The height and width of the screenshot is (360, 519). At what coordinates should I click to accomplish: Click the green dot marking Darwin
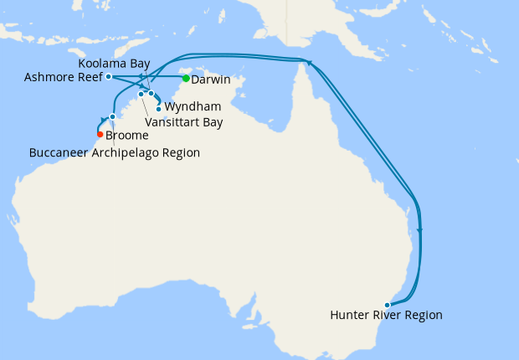(186, 80)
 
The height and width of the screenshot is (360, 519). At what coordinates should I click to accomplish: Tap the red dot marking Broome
(100, 134)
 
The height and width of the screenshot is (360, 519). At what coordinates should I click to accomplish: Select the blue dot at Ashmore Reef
(109, 76)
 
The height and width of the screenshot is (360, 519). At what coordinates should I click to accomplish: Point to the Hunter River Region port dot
(387, 305)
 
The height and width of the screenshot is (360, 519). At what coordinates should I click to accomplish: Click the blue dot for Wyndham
(159, 109)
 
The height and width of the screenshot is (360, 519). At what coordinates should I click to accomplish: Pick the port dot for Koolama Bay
(152, 93)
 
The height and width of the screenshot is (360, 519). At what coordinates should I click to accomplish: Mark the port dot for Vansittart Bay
(141, 94)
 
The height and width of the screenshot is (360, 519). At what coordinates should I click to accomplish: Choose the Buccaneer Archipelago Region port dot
(112, 116)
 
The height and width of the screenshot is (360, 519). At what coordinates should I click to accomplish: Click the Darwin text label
(211, 80)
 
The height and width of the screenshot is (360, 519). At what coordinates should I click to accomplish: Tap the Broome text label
(127, 136)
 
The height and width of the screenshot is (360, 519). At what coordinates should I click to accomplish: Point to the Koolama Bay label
(114, 64)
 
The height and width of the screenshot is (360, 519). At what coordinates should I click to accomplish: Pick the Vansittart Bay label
(184, 122)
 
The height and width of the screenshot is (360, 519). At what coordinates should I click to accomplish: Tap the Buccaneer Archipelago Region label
(114, 153)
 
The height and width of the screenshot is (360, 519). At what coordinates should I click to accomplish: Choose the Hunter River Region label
(386, 316)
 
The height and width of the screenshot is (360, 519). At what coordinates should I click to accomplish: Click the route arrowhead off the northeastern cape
(309, 64)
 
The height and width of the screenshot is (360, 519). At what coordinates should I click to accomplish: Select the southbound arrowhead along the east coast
(420, 230)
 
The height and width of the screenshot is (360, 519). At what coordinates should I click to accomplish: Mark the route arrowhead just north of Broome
(104, 120)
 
